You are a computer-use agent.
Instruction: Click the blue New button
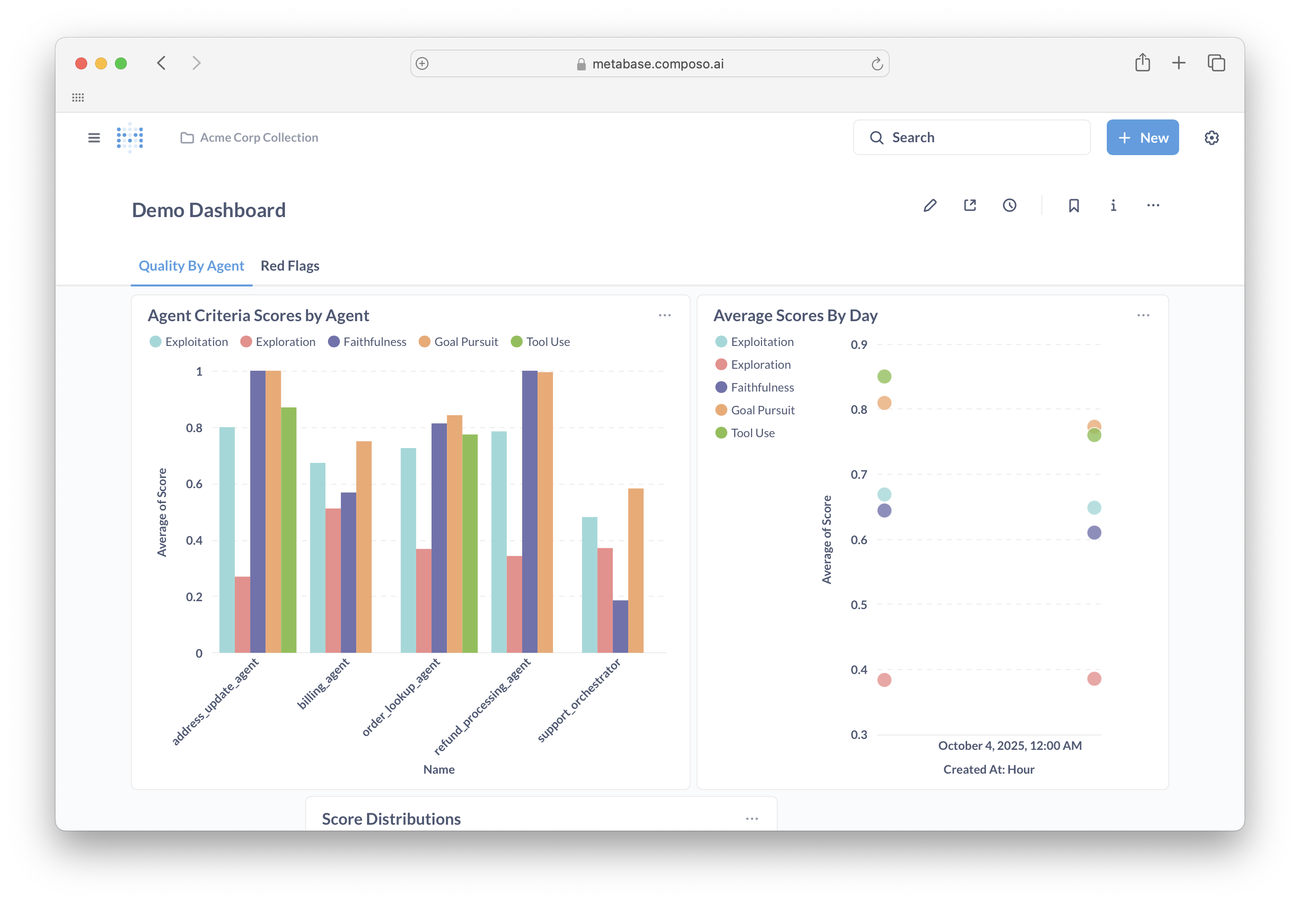pyautogui.click(x=1142, y=138)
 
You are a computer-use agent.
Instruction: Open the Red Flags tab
pyautogui.click(x=289, y=266)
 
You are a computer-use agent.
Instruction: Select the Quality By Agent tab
pyautogui.click(x=191, y=266)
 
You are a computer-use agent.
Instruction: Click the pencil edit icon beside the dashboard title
pyautogui.click(x=930, y=205)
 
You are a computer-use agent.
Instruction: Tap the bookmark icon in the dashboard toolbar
pyautogui.click(x=1074, y=205)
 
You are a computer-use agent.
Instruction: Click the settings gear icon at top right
pyautogui.click(x=1211, y=138)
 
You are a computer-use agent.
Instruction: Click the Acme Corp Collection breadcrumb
pyautogui.click(x=259, y=138)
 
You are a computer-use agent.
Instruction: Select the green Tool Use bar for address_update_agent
pyautogui.click(x=289, y=530)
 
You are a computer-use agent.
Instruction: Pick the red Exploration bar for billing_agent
pyautogui.click(x=333, y=580)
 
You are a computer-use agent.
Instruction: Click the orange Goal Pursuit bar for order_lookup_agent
pyautogui.click(x=454, y=534)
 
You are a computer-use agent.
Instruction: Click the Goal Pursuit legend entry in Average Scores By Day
pyautogui.click(x=762, y=410)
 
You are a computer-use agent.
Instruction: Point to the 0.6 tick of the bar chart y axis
pyautogui.click(x=194, y=484)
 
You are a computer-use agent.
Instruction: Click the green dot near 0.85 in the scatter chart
pyautogui.click(x=884, y=376)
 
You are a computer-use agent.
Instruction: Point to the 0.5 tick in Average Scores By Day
pyautogui.click(x=859, y=604)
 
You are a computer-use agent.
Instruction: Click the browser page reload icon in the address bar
pyautogui.click(x=876, y=64)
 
